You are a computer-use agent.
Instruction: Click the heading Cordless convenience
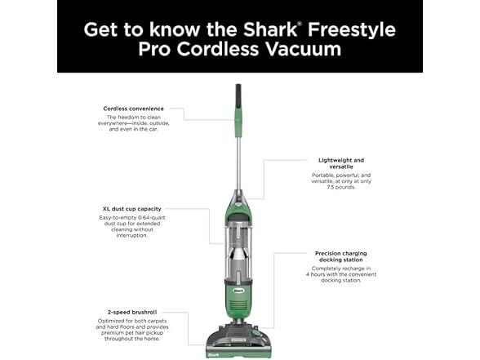pyautogui.click(x=133, y=109)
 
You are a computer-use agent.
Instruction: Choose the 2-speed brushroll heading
pyautogui.click(x=133, y=313)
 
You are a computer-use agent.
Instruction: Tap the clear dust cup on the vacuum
pyautogui.click(x=239, y=237)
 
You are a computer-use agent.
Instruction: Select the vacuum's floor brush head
pyautogui.click(x=239, y=344)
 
